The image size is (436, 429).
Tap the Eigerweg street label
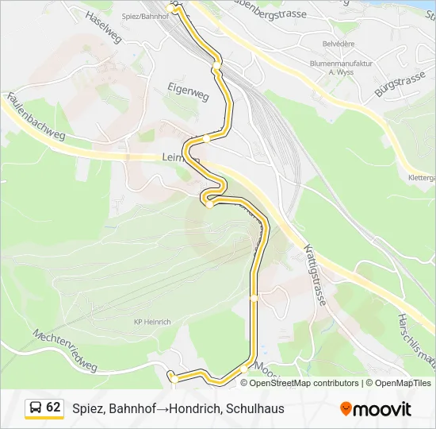click(x=188, y=89)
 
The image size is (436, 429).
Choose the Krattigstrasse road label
click(x=316, y=275)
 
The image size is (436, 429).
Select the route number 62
click(x=53, y=408)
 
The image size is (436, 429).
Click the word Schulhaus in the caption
click(x=254, y=409)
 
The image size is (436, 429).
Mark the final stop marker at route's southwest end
click(x=170, y=374)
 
